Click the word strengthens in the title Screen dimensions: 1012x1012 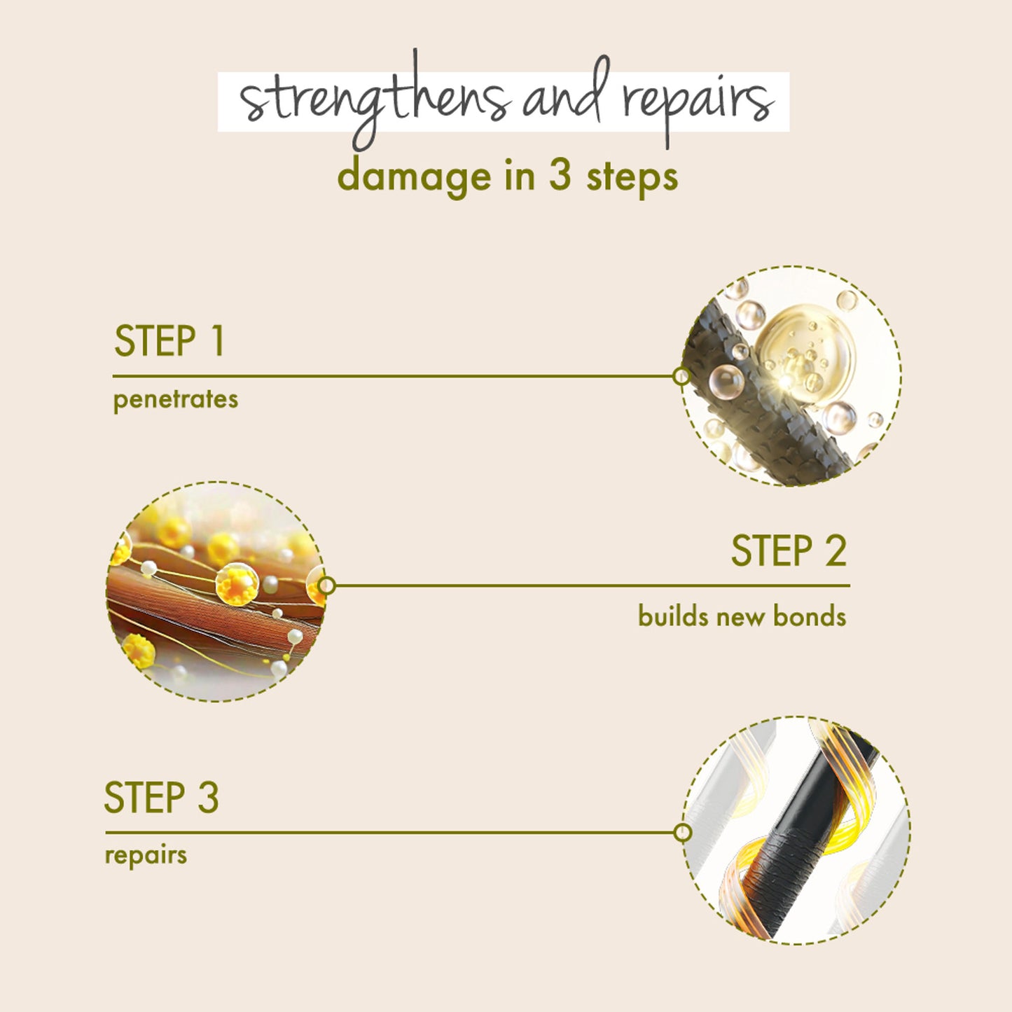[x=374, y=99]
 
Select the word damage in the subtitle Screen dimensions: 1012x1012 [x=415, y=178]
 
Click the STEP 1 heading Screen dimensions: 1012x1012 [x=169, y=341]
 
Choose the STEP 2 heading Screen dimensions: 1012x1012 [x=789, y=550]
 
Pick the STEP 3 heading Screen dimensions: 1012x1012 [x=161, y=797]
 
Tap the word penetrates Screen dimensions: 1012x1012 [x=175, y=400]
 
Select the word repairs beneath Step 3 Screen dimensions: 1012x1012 [x=146, y=856]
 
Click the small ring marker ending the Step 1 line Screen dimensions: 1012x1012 [x=681, y=376]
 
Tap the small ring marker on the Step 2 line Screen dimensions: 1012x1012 [x=326, y=585]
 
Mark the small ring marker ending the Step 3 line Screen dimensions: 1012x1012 [x=682, y=833]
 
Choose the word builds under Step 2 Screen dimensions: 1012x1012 [x=673, y=616]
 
